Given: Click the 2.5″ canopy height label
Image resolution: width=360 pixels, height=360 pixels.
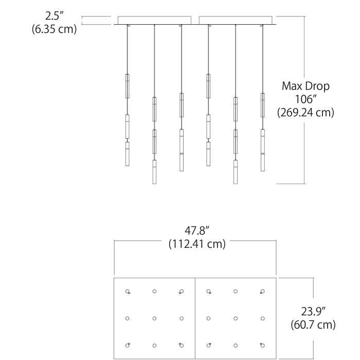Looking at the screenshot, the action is click(54, 16).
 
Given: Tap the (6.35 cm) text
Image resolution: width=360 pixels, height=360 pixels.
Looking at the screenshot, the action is click(54, 29).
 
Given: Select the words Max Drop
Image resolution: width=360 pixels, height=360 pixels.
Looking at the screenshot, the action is click(305, 86).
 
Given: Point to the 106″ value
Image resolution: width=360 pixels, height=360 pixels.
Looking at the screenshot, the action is click(305, 99).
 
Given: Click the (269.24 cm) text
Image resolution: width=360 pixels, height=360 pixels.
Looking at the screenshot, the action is click(305, 113).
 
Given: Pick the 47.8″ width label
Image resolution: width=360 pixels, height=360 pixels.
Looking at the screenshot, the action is click(197, 230).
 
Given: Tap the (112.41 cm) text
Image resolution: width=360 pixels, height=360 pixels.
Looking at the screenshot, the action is click(197, 244).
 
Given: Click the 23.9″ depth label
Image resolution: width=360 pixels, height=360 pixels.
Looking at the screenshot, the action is click(313, 312).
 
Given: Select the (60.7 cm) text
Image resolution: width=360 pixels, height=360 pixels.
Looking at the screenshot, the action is click(313, 325).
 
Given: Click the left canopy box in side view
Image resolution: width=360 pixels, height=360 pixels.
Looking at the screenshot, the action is click(154, 20).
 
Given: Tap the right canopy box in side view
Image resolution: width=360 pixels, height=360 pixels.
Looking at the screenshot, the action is click(236, 20).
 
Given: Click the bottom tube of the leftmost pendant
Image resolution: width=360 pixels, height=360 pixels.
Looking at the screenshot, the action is click(128, 154).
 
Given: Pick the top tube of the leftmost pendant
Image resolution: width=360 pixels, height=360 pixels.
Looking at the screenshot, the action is click(128, 86).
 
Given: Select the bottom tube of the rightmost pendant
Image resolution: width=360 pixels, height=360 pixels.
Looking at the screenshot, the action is click(263, 150).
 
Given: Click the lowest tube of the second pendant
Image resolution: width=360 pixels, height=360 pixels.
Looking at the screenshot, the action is click(154, 172).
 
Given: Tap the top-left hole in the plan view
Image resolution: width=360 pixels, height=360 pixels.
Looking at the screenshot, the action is click(128, 292).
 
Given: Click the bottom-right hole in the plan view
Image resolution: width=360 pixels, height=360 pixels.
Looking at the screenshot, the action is click(263, 345).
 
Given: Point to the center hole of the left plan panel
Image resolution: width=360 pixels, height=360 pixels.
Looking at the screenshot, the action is click(154, 318).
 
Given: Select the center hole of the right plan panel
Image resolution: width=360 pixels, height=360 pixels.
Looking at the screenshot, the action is click(236, 318).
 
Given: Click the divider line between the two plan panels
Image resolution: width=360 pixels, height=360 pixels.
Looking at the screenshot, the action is click(195, 318).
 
